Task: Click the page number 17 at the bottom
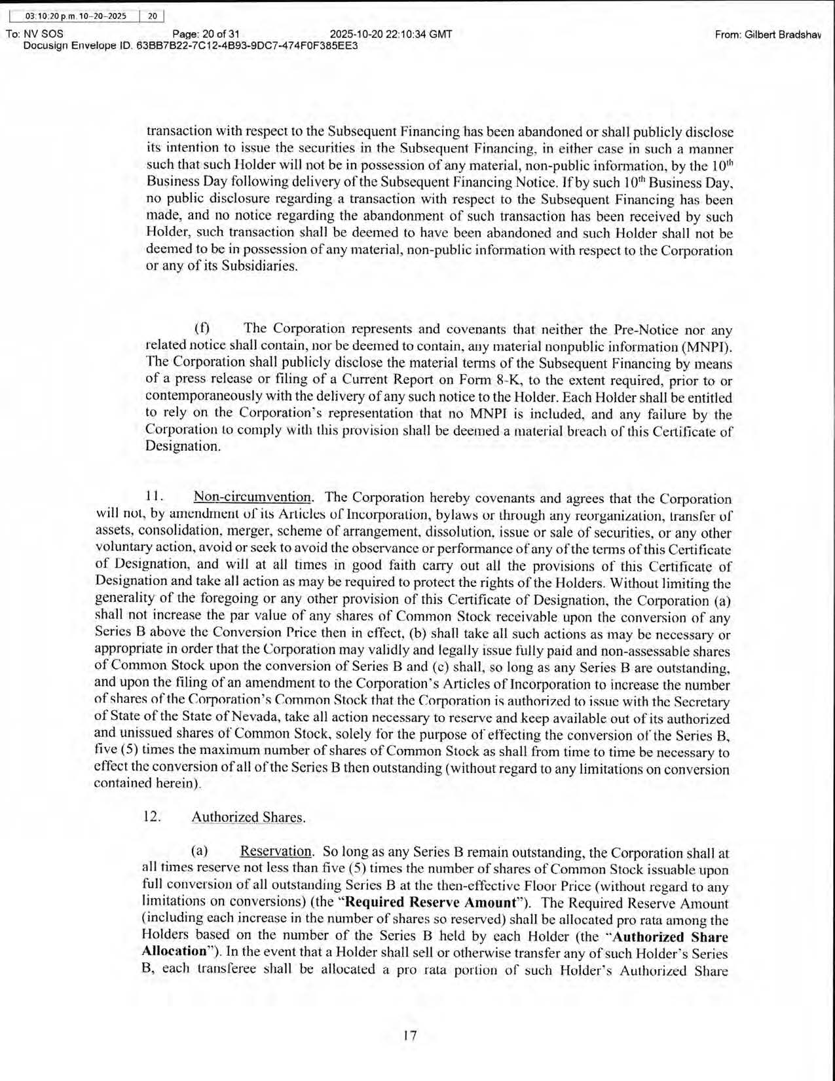(x=410, y=1036)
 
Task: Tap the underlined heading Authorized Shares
(x=248, y=817)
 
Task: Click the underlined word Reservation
(x=276, y=851)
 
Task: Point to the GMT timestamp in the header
(x=391, y=34)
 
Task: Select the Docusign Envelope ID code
(x=247, y=47)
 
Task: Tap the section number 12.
(x=152, y=817)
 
